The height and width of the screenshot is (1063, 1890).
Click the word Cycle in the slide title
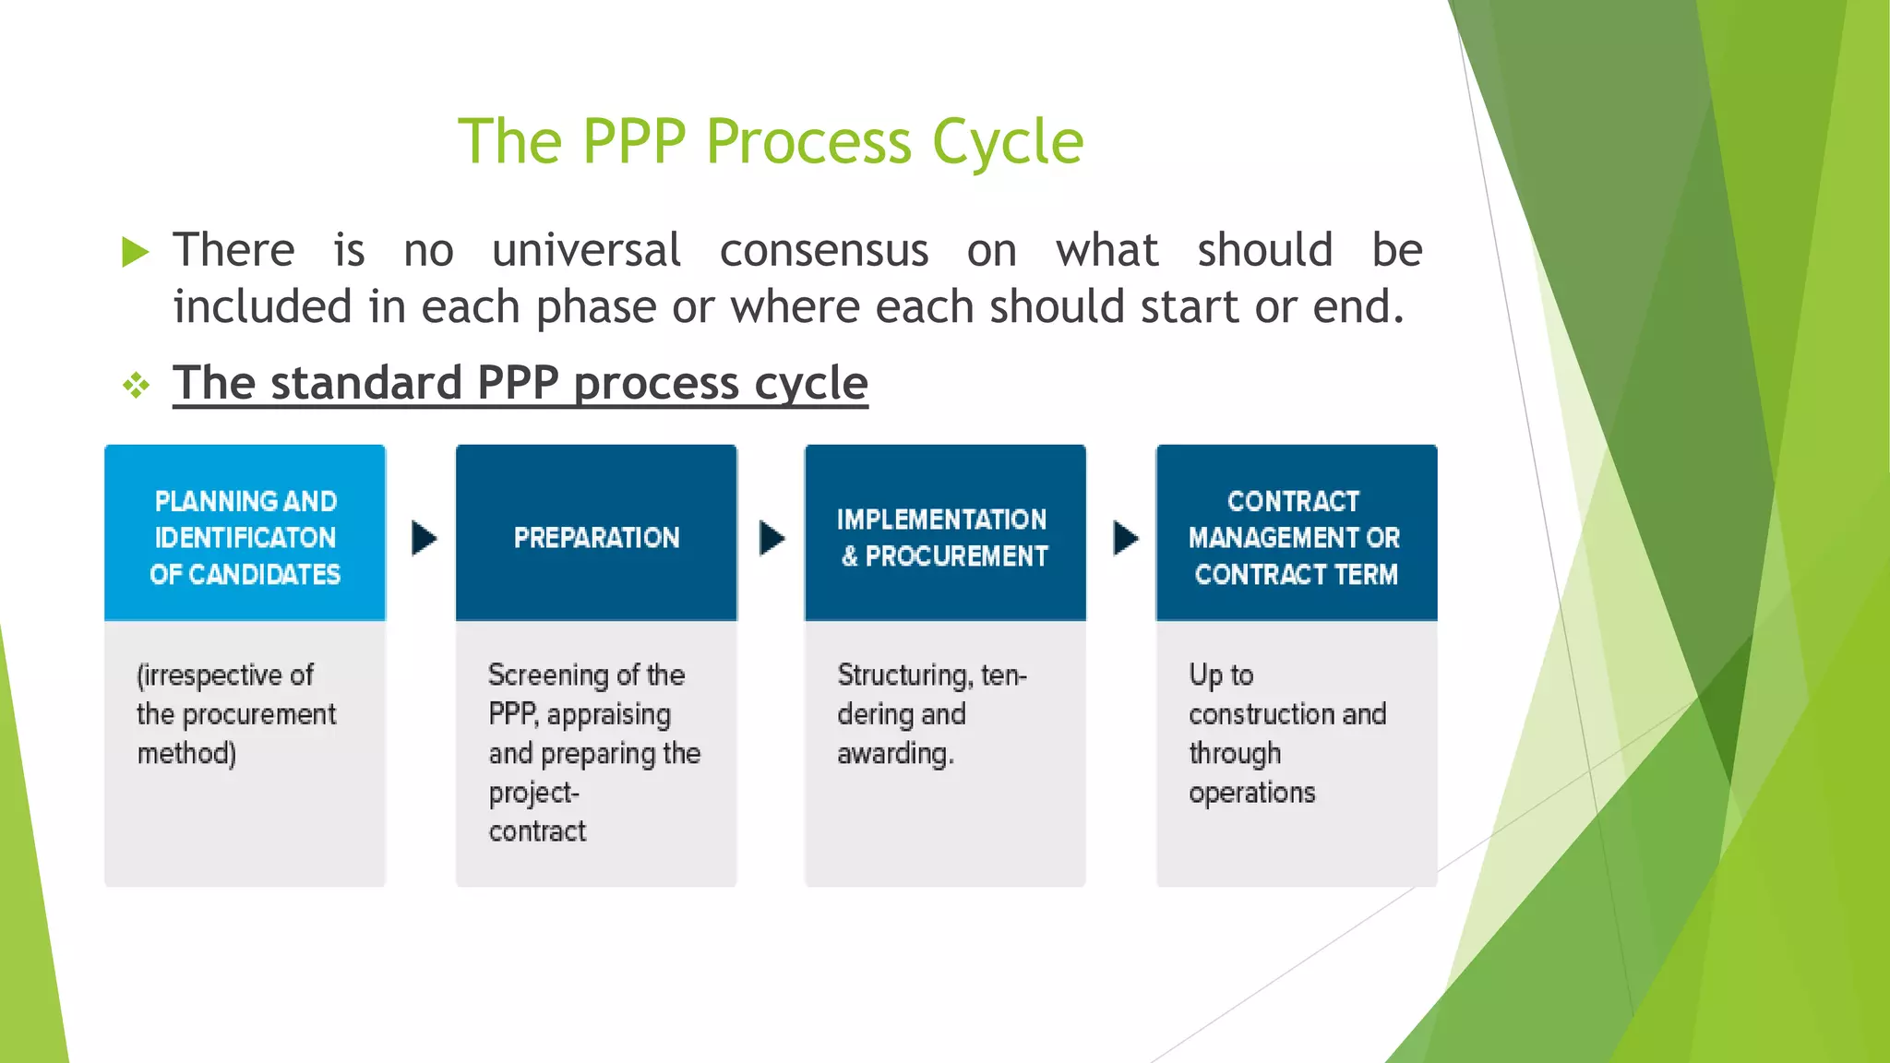pos(1008,143)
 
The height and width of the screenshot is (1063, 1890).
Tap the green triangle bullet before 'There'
pos(135,252)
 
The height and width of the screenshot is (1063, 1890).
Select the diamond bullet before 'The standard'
pos(136,385)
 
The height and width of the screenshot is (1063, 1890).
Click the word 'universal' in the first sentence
pos(586,251)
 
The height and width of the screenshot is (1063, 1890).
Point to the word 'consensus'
pos(823,251)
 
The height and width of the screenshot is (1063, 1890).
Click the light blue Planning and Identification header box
pos(245,533)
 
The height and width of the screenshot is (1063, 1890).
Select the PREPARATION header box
pos(596,533)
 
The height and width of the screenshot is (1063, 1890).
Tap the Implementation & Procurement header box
pos(945,533)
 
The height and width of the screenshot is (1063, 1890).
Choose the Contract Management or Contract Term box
pos(1296,533)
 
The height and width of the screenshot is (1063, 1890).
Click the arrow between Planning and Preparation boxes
pos(423,538)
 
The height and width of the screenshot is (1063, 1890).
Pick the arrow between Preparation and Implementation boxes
pos(772,538)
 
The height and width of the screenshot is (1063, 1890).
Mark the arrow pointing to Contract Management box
pos(1125,538)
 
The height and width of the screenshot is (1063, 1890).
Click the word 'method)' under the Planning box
pos(186,754)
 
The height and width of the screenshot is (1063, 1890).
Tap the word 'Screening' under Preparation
pos(548,675)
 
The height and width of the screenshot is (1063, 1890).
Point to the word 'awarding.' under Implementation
pos(895,754)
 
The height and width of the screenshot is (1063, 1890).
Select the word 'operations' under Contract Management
pos(1251,793)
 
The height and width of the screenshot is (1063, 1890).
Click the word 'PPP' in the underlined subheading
pos(518,383)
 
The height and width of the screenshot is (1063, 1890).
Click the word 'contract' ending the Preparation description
pos(537,831)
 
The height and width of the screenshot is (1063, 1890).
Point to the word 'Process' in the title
pos(808,143)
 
